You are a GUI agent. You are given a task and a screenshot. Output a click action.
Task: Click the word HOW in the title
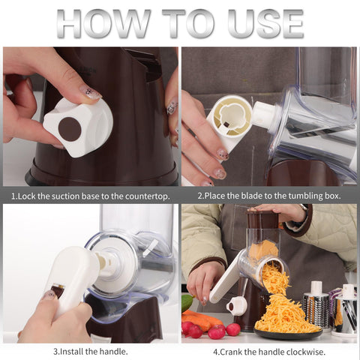coord(103,23)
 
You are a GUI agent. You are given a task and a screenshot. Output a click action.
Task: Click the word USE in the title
coord(265,23)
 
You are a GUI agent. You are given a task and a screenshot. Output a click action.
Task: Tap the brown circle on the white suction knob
coord(70,129)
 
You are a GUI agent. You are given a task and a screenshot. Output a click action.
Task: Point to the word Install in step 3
coord(72,352)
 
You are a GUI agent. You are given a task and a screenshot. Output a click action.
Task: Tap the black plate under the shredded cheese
coord(288,333)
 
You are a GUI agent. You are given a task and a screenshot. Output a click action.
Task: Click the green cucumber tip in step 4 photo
coord(187,303)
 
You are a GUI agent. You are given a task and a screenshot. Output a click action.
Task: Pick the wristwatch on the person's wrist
coord(303,209)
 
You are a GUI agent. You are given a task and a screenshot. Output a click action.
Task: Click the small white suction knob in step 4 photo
coord(235,305)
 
